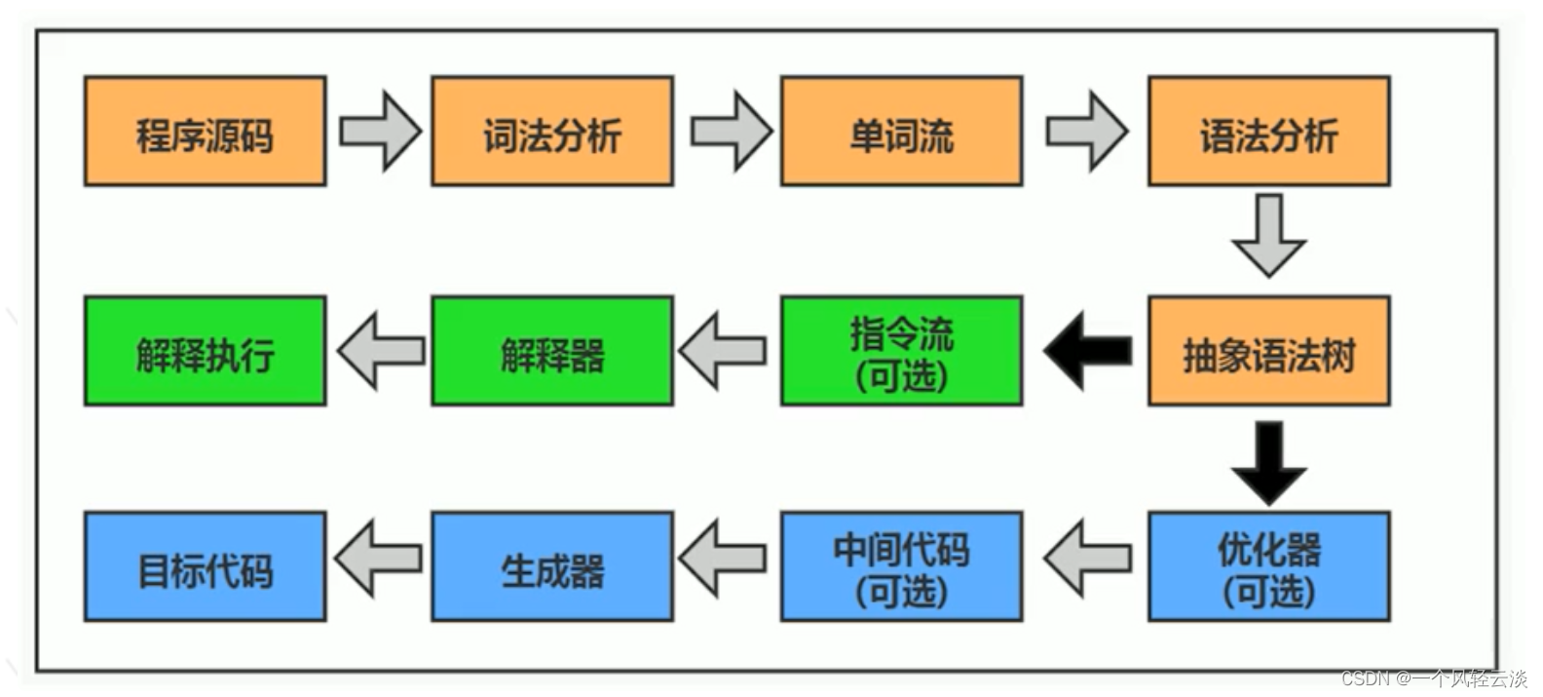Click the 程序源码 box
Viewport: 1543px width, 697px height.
205,132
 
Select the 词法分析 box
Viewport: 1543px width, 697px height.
552,132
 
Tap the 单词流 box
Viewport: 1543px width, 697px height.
901,132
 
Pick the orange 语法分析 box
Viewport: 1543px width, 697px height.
1268,132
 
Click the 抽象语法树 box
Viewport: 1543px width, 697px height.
1268,351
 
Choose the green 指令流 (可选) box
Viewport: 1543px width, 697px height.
901,351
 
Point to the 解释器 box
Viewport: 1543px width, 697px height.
552,351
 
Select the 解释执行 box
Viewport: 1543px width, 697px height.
205,351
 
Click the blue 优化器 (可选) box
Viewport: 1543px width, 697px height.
1268,566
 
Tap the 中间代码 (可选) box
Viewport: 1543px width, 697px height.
901,566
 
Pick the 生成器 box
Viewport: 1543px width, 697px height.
552,566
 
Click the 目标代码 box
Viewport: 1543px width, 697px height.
205,566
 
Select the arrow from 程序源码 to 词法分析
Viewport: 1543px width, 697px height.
380,132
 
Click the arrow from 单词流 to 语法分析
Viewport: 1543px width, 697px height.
1086,132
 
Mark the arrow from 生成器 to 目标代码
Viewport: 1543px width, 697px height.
378,559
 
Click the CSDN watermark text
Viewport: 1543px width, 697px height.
1433,678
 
